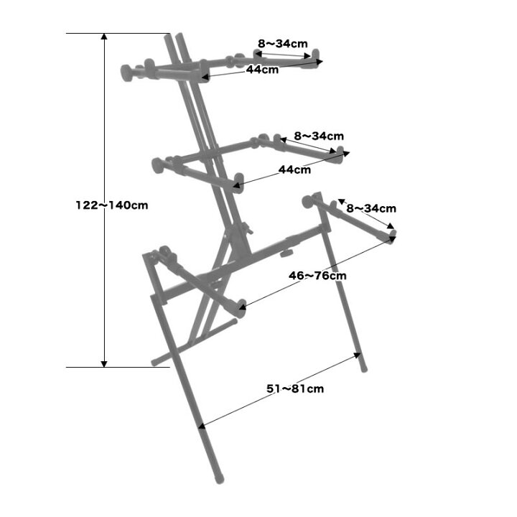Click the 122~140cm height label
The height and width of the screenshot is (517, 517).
(112, 205)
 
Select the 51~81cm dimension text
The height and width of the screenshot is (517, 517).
(295, 388)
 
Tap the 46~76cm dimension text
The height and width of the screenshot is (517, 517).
(317, 275)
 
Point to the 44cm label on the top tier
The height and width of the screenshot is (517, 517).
(263, 70)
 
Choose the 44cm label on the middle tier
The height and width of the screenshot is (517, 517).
(295, 169)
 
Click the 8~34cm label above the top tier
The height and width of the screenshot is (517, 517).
(283, 43)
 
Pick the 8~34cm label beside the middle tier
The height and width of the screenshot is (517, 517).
(319, 136)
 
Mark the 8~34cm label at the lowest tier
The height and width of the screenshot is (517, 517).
(371, 208)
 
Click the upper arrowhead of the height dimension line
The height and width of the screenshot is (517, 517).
(104, 37)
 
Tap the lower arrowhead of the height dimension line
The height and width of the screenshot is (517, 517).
(104, 364)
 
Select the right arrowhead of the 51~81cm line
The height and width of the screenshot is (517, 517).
(358, 355)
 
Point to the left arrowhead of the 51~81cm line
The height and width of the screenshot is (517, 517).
(202, 426)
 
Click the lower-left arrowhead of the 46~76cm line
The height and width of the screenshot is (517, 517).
(243, 307)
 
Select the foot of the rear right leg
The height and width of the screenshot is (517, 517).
(363, 368)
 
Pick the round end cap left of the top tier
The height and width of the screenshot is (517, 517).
(126, 73)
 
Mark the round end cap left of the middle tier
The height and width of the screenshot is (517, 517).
(157, 165)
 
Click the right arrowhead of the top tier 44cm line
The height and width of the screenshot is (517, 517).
(319, 62)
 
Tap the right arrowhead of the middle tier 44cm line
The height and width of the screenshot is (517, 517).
(345, 154)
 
